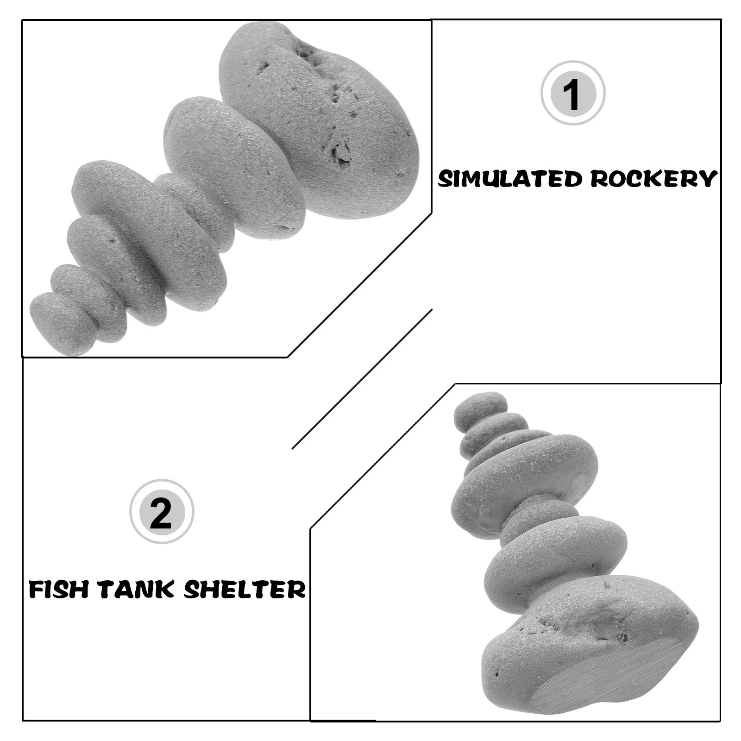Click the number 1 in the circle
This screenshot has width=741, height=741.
coord(573,93)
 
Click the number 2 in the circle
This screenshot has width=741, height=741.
coord(161,511)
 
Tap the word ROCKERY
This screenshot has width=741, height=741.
coord(653,179)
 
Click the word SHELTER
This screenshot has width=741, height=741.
coord(245,590)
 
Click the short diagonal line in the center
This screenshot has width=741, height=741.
coord(361,379)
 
